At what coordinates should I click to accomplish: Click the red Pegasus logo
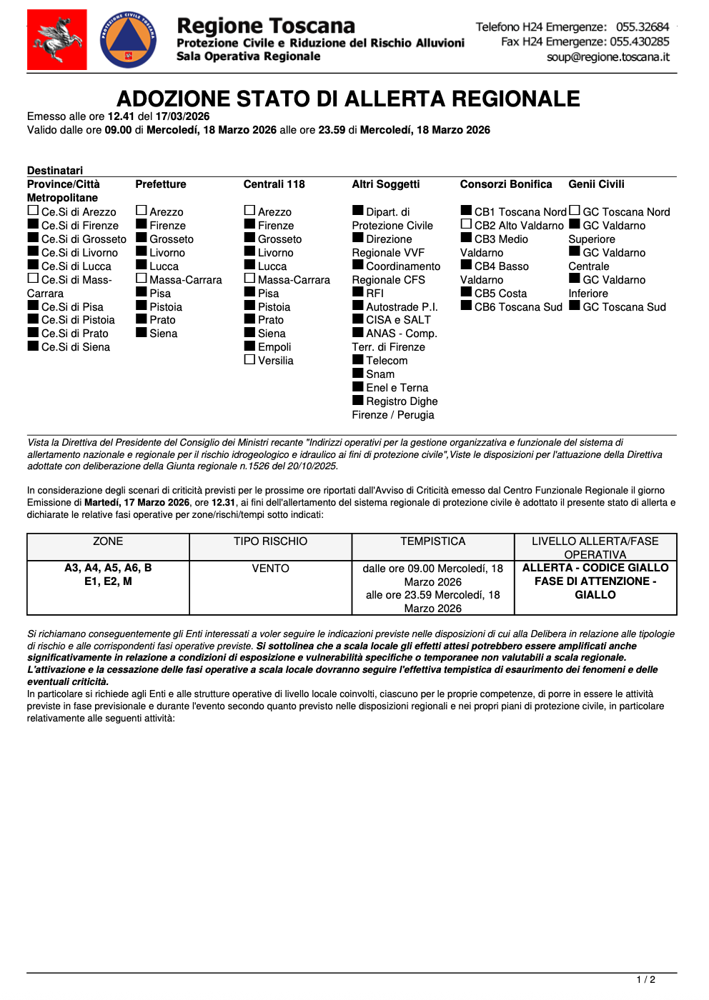coord(57,39)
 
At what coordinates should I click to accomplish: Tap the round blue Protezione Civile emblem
coord(129,40)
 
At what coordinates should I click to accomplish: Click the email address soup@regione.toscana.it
coord(608,57)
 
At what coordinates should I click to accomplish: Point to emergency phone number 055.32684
coord(643,27)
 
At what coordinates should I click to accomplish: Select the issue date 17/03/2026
coord(182,116)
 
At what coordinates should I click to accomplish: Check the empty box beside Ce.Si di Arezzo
coord(33,211)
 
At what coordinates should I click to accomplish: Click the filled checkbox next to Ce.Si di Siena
coord(33,346)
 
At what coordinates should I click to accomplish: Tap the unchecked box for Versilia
coord(249,359)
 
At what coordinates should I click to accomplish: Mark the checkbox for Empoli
coord(249,346)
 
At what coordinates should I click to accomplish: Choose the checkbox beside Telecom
coord(358,359)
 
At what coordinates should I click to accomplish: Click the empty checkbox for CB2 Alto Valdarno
coord(466,224)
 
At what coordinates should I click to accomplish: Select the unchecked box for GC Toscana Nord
coord(575,211)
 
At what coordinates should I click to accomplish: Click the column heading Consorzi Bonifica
coord(506,184)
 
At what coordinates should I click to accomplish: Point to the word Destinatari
coord(55,171)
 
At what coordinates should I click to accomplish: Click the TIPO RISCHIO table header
coord(270,541)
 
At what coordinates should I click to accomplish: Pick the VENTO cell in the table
coord(270,569)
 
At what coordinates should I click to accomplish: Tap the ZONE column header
coord(108,541)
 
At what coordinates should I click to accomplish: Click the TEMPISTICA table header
coord(432,541)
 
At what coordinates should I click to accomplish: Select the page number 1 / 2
coord(646,979)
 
